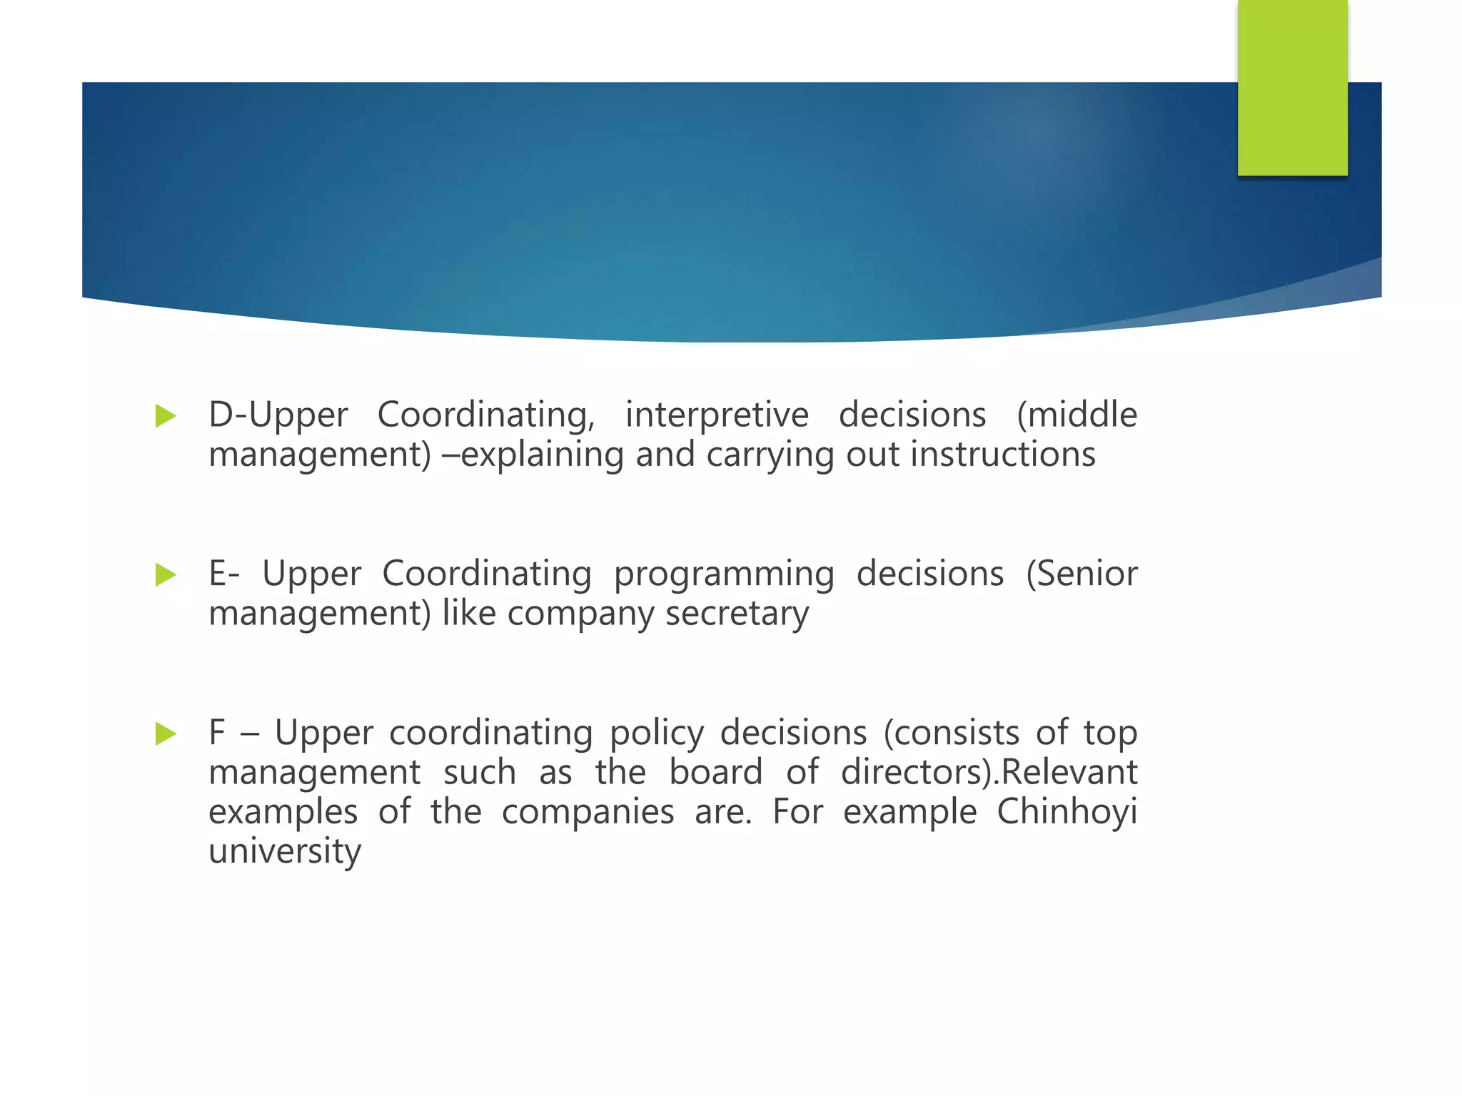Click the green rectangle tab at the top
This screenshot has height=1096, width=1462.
[x=1292, y=87]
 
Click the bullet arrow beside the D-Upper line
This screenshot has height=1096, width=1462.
[x=165, y=416]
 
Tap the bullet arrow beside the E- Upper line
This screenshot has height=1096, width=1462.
[x=165, y=574]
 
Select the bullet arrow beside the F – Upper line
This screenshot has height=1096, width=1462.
[x=165, y=734]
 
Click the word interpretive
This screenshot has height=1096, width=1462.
[x=717, y=415]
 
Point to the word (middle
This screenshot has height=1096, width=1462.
[x=1077, y=415]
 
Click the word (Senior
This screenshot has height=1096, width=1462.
[x=1082, y=574]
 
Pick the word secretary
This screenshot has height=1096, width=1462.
[x=737, y=614]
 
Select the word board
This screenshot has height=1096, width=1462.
[x=715, y=773]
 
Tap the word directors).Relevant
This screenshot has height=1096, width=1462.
[x=989, y=773]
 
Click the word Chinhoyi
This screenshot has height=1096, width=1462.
[x=1067, y=813]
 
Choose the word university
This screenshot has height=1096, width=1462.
[x=285, y=852]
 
